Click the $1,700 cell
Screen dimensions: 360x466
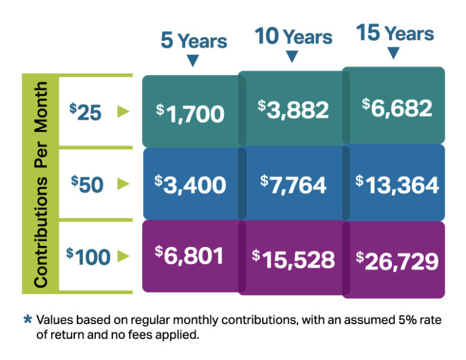191,113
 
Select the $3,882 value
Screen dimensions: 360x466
293,109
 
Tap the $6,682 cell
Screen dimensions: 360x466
397,107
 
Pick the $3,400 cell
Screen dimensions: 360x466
191,184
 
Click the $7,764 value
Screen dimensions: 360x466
293,184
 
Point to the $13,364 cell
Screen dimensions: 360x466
397,184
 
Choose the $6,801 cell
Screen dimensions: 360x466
191,256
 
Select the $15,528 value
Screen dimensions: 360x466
293,259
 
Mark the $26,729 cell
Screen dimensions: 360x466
397,261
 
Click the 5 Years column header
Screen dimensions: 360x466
194,41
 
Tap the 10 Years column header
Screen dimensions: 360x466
293,36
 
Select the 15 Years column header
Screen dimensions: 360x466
395,33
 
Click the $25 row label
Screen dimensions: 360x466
86,112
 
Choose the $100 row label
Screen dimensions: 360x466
89,256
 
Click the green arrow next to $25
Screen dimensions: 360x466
123,111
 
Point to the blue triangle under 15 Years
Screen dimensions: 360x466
394,53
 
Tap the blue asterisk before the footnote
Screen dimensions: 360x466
27,318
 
